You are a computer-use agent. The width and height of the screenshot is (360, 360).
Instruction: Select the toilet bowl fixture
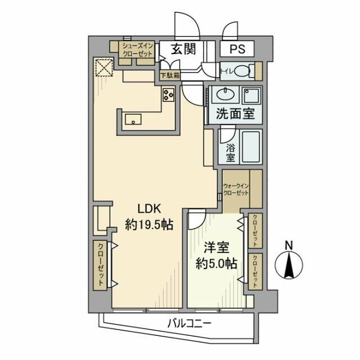[242, 72]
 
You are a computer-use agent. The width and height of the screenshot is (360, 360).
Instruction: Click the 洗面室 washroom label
[235, 113]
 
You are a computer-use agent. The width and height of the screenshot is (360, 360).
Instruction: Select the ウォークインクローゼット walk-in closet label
[235, 189]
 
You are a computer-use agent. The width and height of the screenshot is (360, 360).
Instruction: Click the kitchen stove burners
[169, 95]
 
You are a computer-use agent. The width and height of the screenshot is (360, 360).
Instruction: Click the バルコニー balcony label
[188, 323]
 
